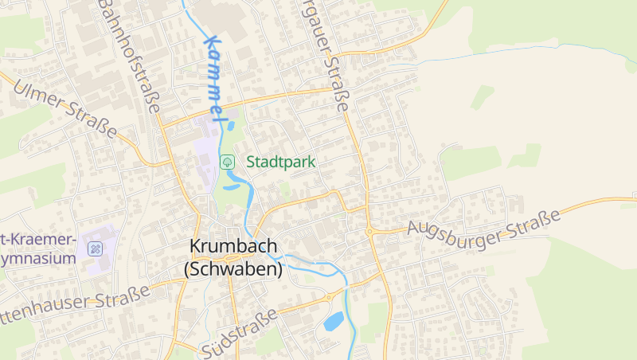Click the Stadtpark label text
[281, 162]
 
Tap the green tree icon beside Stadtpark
[228, 162]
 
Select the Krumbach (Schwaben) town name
[233, 258]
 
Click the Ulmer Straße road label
[64, 107]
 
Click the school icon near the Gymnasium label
[96, 248]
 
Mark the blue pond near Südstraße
[334, 321]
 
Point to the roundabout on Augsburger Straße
[369, 232]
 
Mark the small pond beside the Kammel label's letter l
[231, 124]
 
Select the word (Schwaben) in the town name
[233, 269]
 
